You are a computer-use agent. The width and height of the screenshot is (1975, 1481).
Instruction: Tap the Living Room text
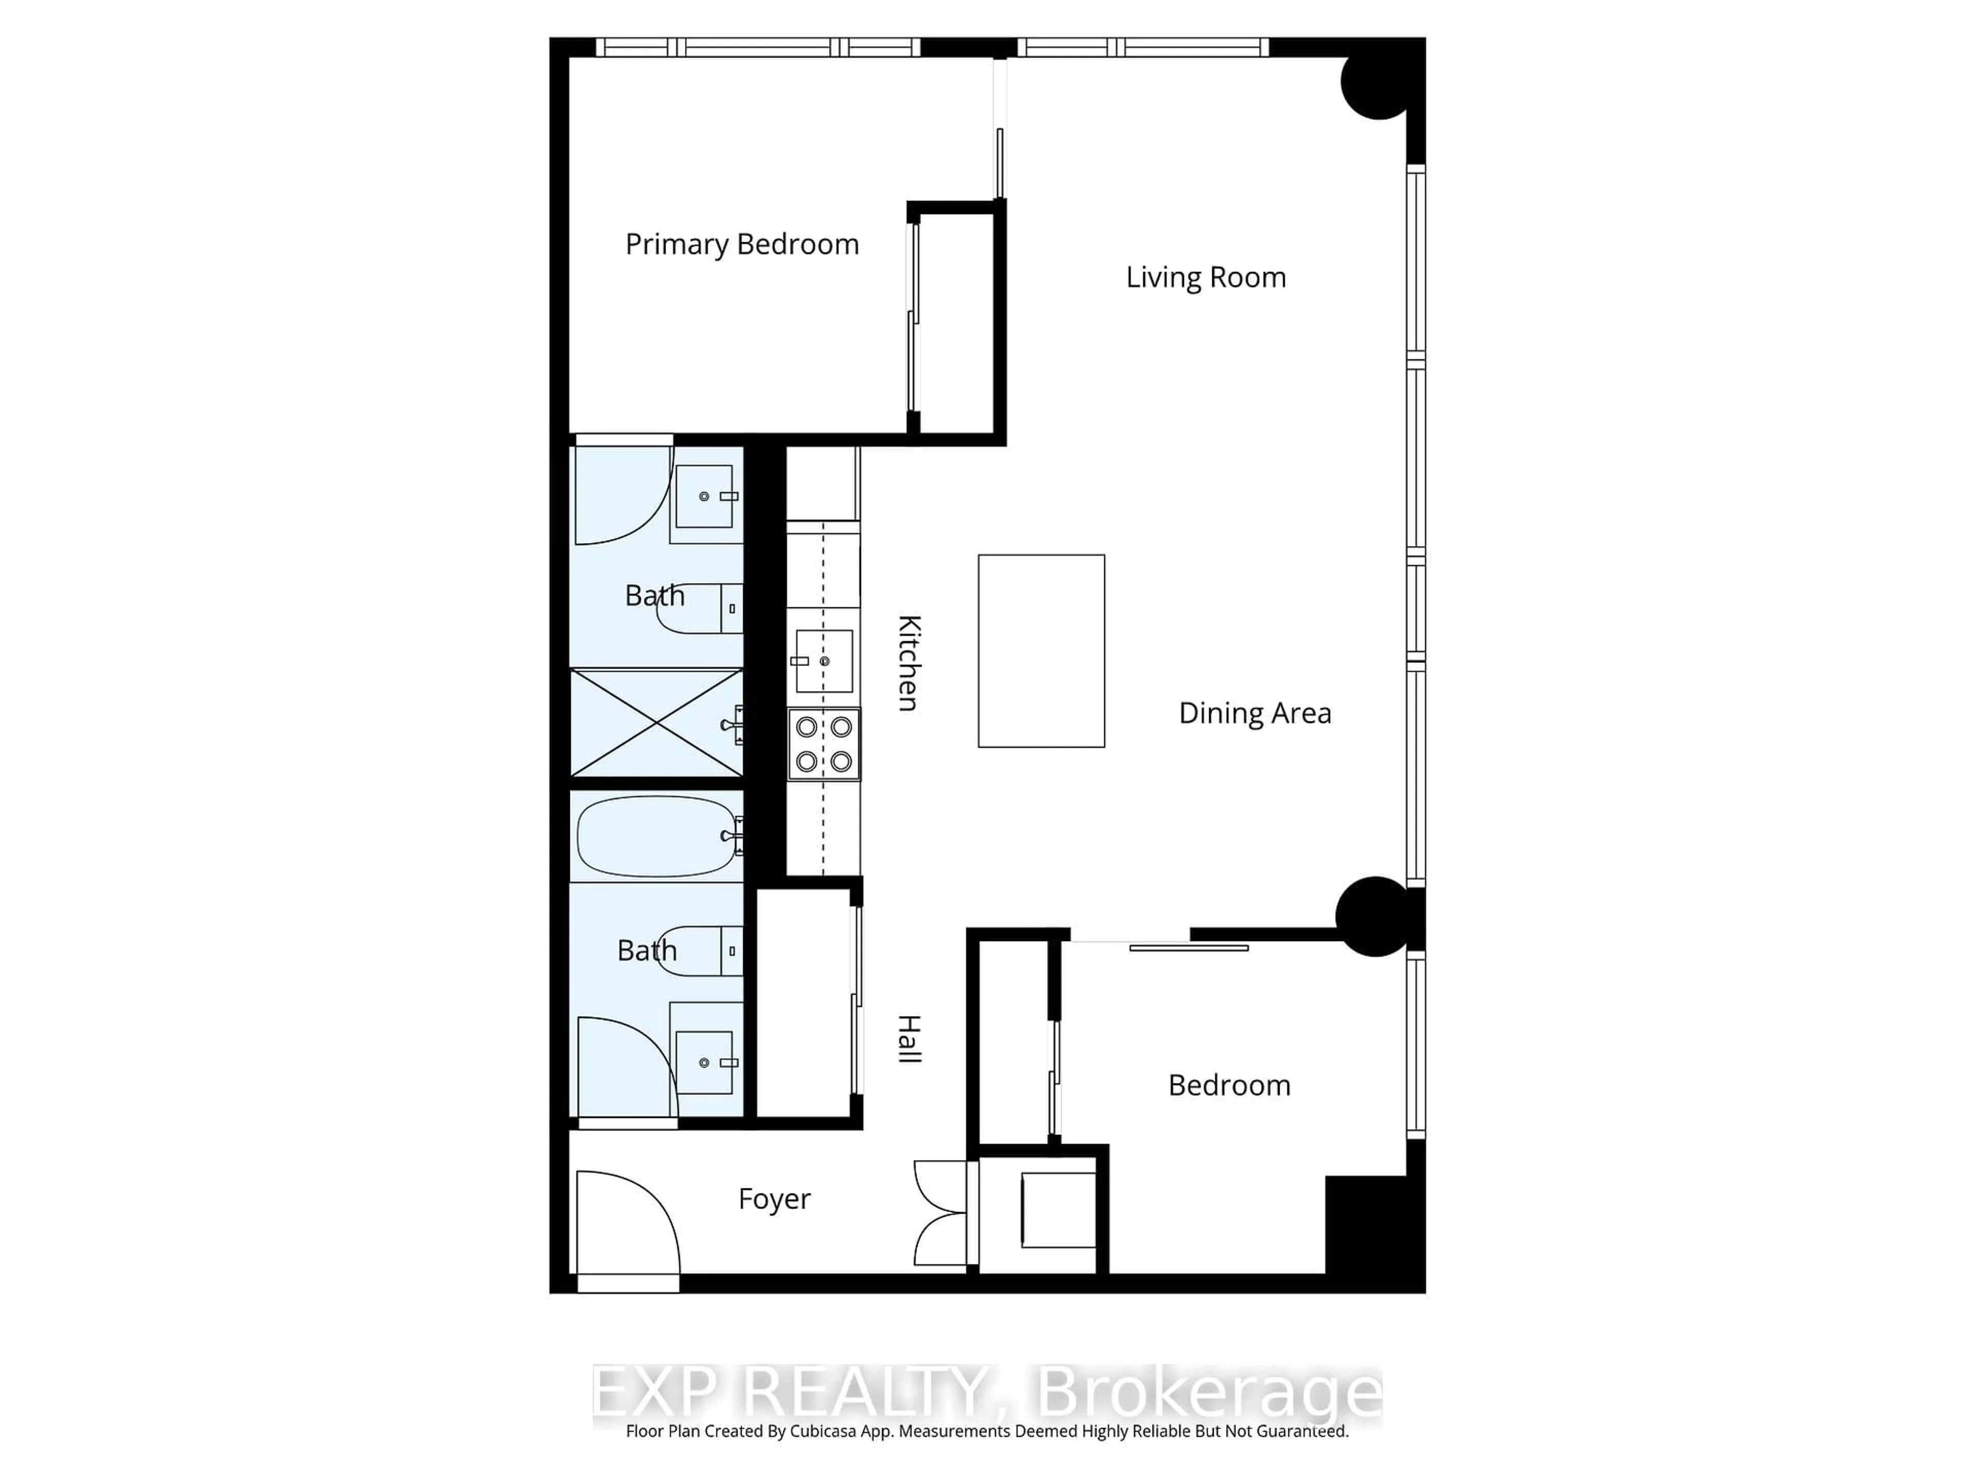[1206, 278]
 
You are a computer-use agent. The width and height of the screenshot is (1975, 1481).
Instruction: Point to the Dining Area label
[1254, 713]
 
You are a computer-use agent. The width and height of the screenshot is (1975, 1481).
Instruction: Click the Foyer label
[774, 1199]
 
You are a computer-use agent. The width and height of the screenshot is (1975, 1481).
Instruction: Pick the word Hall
[908, 1039]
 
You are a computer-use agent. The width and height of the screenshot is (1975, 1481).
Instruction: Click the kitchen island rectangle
[1041, 651]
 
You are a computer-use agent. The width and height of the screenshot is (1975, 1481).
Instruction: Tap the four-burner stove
[823, 744]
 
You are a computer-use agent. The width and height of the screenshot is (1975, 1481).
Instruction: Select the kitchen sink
[823, 661]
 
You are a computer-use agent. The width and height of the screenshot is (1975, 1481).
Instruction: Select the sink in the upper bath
[705, 496]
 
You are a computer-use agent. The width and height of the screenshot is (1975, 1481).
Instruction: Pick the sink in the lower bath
[705, 1062]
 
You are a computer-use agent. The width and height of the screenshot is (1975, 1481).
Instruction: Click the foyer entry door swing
[625, 1223]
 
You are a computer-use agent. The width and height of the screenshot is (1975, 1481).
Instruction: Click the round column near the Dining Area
[1373, 916]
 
